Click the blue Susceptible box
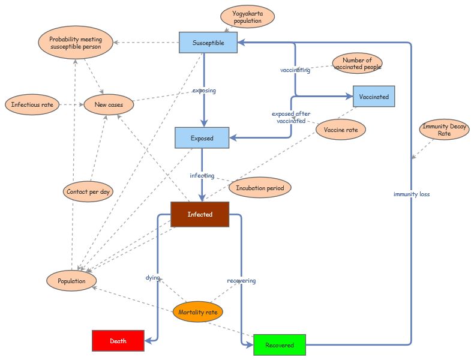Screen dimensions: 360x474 coord(208,43)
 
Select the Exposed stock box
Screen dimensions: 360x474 coord(202,138)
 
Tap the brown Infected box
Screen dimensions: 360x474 coord(200,214)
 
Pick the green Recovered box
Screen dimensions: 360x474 coord(280,345)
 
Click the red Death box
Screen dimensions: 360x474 coord(118,341)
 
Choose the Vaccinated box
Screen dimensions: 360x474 coord(374,97)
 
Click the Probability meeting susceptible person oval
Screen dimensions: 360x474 coord(76,43)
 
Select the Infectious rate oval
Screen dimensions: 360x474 coord(32,104)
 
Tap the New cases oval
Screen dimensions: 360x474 coord(108,104)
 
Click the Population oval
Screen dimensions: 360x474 coord(71,280)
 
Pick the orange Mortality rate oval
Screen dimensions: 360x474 coord(197,312)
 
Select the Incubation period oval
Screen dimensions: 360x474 coord(260,187)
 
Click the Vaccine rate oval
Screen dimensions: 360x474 coord(340,129)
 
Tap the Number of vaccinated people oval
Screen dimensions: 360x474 coord(357,63)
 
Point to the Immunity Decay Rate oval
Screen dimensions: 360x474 coord(444,130)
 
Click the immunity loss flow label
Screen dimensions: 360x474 coord(411,194)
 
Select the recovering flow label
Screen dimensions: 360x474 coord(241,280)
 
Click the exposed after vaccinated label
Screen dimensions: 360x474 coord(291,117)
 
